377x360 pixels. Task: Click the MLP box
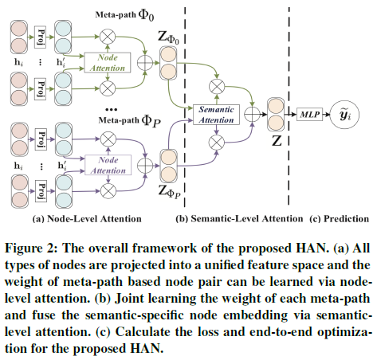(309, 115)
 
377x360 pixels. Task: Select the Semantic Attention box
(216, 115)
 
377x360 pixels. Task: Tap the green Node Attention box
(108, 63)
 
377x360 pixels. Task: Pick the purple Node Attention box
(108, 165)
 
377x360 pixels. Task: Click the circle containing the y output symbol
(344, 115)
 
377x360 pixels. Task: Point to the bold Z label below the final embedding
(277, 141)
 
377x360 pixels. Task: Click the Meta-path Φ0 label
(124, 14)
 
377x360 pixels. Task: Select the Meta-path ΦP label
(129, 120)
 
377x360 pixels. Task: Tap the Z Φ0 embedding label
(168, 37)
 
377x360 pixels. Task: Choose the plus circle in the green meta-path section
(145, 63)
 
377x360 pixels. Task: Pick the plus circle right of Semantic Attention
(252, 115)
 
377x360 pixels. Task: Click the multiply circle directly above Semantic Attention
(217, 87)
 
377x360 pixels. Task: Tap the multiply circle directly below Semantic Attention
(217, 143)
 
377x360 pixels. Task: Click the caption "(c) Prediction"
(340, 219)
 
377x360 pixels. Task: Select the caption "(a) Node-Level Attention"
(87, 219)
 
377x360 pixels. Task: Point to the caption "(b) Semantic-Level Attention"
(239, 219)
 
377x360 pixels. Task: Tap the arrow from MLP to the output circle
(326, 115)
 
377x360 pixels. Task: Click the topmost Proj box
(40, 37)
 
